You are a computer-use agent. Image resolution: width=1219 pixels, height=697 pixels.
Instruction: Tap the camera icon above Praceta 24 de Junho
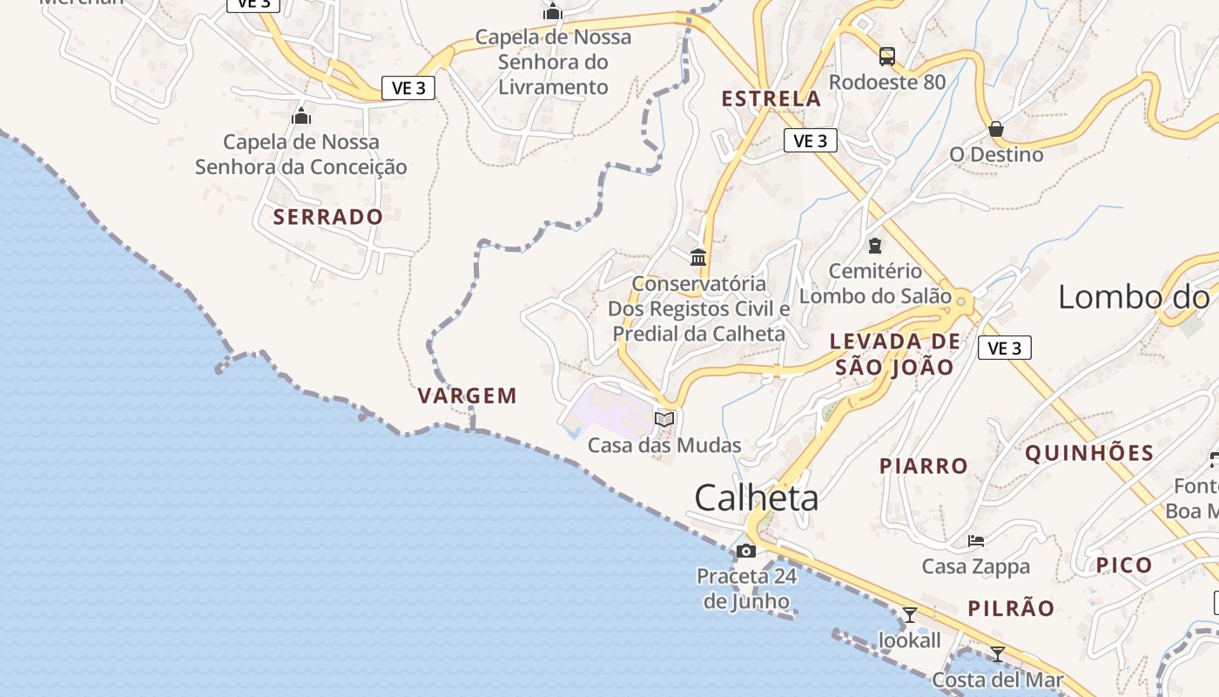pos(746,551)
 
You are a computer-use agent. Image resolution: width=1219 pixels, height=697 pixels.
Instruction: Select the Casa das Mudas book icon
pos(664,419)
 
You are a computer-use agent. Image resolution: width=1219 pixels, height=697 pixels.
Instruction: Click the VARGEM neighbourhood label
pos(468,396)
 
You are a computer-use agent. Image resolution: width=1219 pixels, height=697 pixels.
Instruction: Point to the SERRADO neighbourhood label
pos(328,217)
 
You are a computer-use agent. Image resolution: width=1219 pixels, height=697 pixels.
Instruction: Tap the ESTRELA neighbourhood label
pos(771,98)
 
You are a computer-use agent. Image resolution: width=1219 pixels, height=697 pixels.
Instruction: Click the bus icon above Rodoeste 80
pos(886,57)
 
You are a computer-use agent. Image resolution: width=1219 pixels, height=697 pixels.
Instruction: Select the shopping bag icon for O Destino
pos(996,130)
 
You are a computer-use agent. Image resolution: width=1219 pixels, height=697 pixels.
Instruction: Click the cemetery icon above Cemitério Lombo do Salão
pos(875,246)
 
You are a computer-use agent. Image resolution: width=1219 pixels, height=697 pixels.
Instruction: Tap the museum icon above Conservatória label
pos(698,258)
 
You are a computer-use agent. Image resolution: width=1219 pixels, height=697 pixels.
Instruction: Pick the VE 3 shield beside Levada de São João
pos(1005,348)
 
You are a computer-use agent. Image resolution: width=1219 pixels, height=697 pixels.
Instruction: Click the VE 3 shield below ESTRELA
pos(810,140)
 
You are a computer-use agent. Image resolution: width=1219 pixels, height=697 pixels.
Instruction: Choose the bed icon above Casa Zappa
pos(976,541)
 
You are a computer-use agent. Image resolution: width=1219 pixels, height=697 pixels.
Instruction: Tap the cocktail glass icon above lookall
pos(910,615)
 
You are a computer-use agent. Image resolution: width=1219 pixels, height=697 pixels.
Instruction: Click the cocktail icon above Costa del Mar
pos(998,653)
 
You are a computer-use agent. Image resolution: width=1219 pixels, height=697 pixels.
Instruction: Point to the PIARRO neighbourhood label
pos(924,466)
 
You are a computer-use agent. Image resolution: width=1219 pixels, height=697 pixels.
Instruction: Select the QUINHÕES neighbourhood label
pos(1089,453)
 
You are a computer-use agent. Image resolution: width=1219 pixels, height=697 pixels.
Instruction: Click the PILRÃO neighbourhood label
pos(1011,608)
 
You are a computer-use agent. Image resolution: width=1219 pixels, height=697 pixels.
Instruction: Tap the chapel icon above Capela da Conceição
pos(301,116)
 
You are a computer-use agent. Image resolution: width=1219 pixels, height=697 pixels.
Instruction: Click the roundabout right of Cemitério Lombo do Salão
pos(961,301)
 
